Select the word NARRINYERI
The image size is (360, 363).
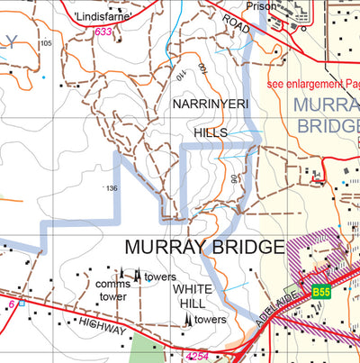(209, 105)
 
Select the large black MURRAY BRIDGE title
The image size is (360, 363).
(204, 247)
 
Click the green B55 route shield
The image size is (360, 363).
(322, 292)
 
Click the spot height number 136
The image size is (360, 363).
(112, 188)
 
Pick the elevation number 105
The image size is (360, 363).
(47, 43)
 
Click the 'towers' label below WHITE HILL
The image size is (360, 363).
(210, 320)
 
